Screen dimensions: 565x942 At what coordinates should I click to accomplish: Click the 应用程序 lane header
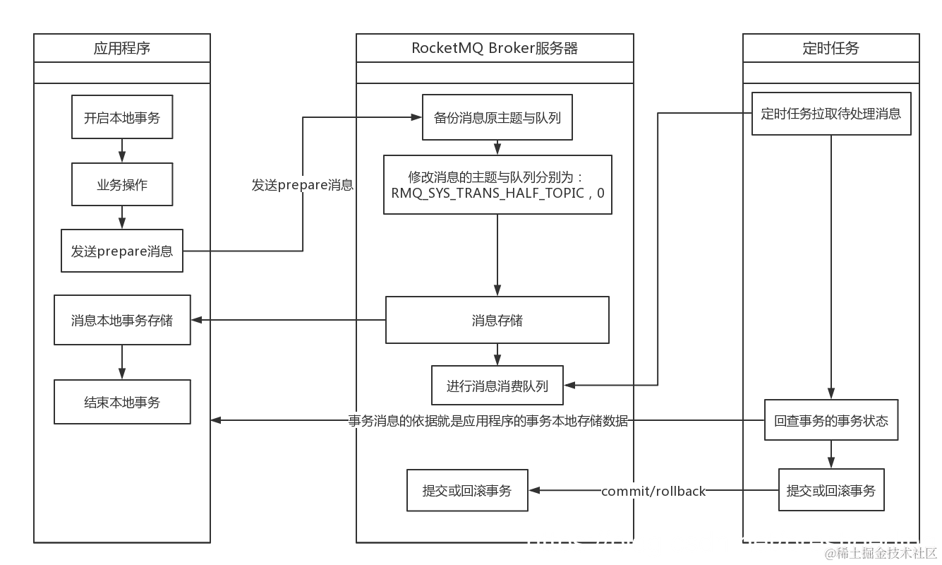pos(122,48)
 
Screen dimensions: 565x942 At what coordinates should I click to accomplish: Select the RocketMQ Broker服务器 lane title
pos(495,48)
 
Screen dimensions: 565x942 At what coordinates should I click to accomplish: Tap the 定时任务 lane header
pos(831,48)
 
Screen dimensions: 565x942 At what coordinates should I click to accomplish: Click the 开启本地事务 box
pos(122,117)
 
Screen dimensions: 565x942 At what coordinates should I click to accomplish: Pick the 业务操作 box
pos(122,184)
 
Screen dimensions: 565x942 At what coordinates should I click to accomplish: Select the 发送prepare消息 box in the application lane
pos(122,251)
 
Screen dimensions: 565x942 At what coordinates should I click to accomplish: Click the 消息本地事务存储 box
pos(122,320)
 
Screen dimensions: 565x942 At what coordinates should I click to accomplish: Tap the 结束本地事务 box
pos(122,402)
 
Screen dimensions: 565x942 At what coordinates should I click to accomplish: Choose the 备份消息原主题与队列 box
pos(497,117)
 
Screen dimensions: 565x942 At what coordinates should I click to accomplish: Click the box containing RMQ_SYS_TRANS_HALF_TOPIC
pos(497,184)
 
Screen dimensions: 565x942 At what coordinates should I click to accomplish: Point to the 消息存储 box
pos(497,320)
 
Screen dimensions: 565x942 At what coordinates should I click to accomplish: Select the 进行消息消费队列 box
pos(497,386)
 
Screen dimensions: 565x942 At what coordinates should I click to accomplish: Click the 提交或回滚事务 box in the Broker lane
pos(467,490)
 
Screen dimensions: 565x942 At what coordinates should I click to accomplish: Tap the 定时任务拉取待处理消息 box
pos(831,113)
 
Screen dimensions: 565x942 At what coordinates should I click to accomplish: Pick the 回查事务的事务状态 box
pos(831,420)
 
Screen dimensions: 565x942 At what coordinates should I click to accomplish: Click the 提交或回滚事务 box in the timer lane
pos(831,489)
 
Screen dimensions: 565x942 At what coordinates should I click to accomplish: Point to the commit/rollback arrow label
pos(653,491)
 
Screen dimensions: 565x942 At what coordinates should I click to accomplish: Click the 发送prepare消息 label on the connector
pos(303,185)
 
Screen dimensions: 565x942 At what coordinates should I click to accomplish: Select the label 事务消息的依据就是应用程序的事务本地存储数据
pos(488,421)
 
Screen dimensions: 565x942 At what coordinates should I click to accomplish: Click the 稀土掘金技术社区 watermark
pos(881,552)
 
